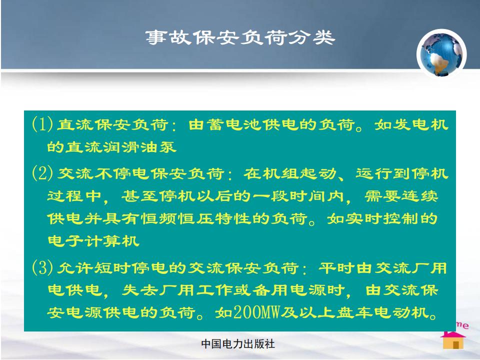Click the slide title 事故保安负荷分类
240,37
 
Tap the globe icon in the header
441,54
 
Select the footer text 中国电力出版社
238,344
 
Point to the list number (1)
42,124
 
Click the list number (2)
42,173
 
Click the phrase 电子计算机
93,241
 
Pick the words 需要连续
401,196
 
